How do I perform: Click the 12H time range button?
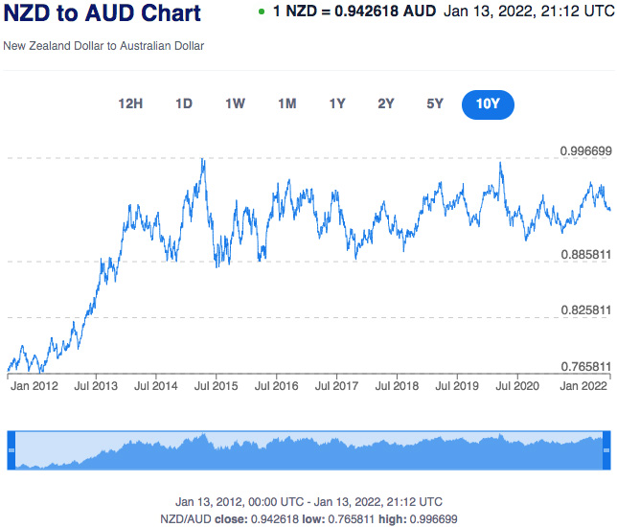point(130,104)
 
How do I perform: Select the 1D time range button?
point(184,104)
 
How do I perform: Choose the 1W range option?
point(235,104)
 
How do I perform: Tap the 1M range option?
point(286,104)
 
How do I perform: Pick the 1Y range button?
point(337,104)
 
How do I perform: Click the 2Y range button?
point(386,104)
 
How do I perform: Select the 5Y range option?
point(435,104)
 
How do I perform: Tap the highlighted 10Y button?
point(488,104)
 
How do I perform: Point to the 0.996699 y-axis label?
point(585,151)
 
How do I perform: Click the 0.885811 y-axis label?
point(585,255)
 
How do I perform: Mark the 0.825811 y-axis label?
point(585,310)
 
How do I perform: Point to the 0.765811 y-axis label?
point(585,367)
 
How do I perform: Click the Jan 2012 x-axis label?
point(34,386)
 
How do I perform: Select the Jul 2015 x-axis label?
point(216,386)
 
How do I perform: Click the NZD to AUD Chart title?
point(103,14)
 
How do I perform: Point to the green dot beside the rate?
point(262,11)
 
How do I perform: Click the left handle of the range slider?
point(11,449)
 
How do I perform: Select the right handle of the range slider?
point(606,449)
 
